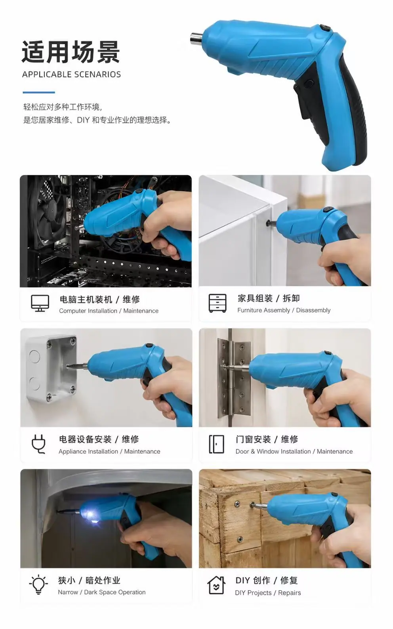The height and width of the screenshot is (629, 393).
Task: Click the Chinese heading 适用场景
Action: (x=71, y=52)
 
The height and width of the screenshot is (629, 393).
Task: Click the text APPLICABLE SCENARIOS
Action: (x=72, y=75)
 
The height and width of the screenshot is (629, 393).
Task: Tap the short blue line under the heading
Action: (x=39, y=92)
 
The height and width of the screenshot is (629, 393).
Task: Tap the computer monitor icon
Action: (x=40, y=303)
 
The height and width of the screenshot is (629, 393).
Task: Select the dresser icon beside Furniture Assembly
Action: (x=217, y=303)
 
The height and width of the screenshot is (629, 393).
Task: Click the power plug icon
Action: (x=38, y=444)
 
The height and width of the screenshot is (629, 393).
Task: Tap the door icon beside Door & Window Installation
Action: (x=217, y=444)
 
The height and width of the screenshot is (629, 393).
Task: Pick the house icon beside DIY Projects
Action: (x=216, y=585)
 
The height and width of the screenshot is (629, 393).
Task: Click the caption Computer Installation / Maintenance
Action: (x=109, y=311)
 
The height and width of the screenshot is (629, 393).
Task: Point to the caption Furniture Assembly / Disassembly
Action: (x=284, y=310)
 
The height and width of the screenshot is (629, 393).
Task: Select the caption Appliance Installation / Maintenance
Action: (x=109, y=452)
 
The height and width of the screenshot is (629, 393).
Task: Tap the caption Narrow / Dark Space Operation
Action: (x=102, y=592)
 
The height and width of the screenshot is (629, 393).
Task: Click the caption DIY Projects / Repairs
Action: (x=268, y=593)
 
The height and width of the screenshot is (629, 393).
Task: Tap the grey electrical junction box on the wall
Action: (x=52, y=368)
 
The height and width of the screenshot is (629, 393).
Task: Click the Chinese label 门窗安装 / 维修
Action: (x=267, y=439)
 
